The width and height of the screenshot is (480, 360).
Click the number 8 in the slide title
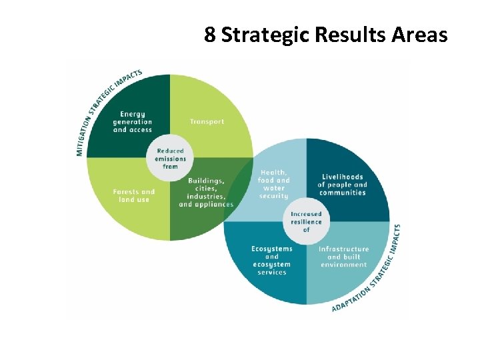coord(210,35)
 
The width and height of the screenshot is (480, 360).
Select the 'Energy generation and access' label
coord(132,122)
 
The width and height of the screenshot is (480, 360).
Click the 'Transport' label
coord(207,122)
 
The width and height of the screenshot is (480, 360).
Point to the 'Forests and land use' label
coord(133,195)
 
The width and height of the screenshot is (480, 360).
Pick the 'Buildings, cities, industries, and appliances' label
coord(206,193)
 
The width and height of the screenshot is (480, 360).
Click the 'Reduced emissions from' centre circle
coord(170,159)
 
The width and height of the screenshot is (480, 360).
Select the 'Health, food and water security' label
coord(274,184)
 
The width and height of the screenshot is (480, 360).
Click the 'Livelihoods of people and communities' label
coord(342,185)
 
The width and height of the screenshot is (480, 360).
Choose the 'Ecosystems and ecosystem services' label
coord(271,260)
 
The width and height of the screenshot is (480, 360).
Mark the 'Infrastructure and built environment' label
coord(343,257)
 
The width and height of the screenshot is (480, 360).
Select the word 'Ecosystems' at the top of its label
coord(272,249)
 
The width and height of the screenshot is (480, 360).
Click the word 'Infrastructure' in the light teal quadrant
coord(343,249)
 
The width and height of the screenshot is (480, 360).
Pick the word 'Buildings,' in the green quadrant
coord(206,181)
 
